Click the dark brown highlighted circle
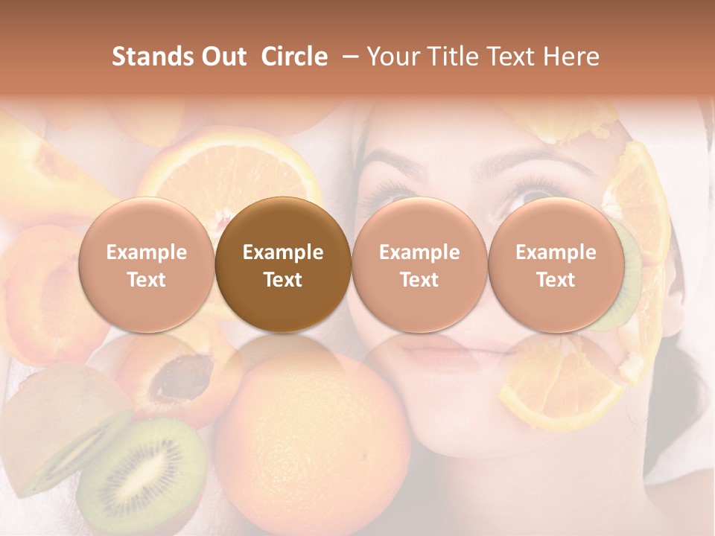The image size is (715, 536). [x=283, y=265]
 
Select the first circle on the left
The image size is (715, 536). [x=146, y=265]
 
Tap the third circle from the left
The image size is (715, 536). [x=419, y=265]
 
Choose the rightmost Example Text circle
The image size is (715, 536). [x=556, y=265]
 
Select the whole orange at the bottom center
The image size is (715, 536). [x=313, y=439]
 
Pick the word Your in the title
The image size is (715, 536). [x=392, y=57]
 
